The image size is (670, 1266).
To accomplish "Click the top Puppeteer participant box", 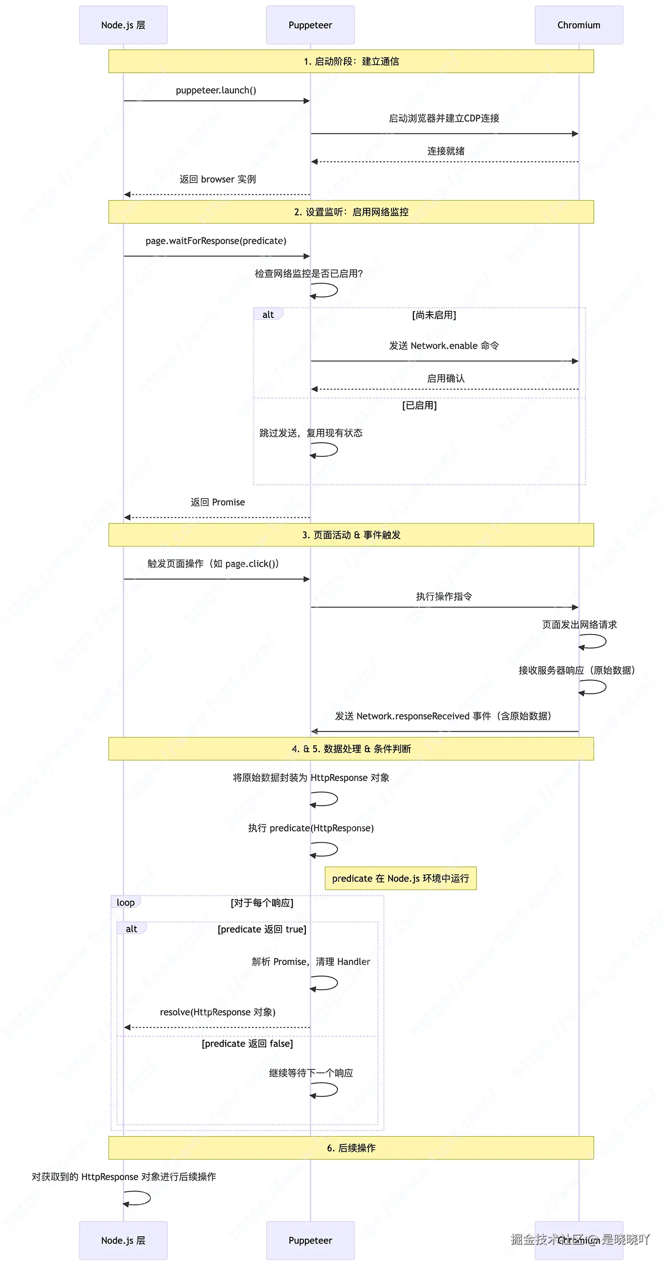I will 310,25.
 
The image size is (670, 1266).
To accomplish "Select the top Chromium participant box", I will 579,25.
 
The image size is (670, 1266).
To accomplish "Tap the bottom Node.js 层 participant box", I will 123,1240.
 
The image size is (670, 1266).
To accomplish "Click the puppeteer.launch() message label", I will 216,90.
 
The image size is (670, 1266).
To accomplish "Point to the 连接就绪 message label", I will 445,151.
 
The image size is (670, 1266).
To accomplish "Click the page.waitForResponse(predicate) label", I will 216,241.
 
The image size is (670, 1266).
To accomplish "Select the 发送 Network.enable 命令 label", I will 444,345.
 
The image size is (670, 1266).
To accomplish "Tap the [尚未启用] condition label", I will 434,315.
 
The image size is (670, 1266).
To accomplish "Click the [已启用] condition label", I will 419,405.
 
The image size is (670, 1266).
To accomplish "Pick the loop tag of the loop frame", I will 125,902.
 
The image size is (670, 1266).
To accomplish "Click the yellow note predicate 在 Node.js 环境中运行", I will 401,878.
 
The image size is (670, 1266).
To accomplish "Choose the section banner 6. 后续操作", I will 351,1148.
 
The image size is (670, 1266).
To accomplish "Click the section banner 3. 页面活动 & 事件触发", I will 351,535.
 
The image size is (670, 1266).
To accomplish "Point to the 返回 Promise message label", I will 218,502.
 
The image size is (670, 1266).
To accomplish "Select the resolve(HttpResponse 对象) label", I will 218,1013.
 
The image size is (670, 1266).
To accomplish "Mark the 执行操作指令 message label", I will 444,597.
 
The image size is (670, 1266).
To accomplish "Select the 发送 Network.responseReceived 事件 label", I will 443,716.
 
